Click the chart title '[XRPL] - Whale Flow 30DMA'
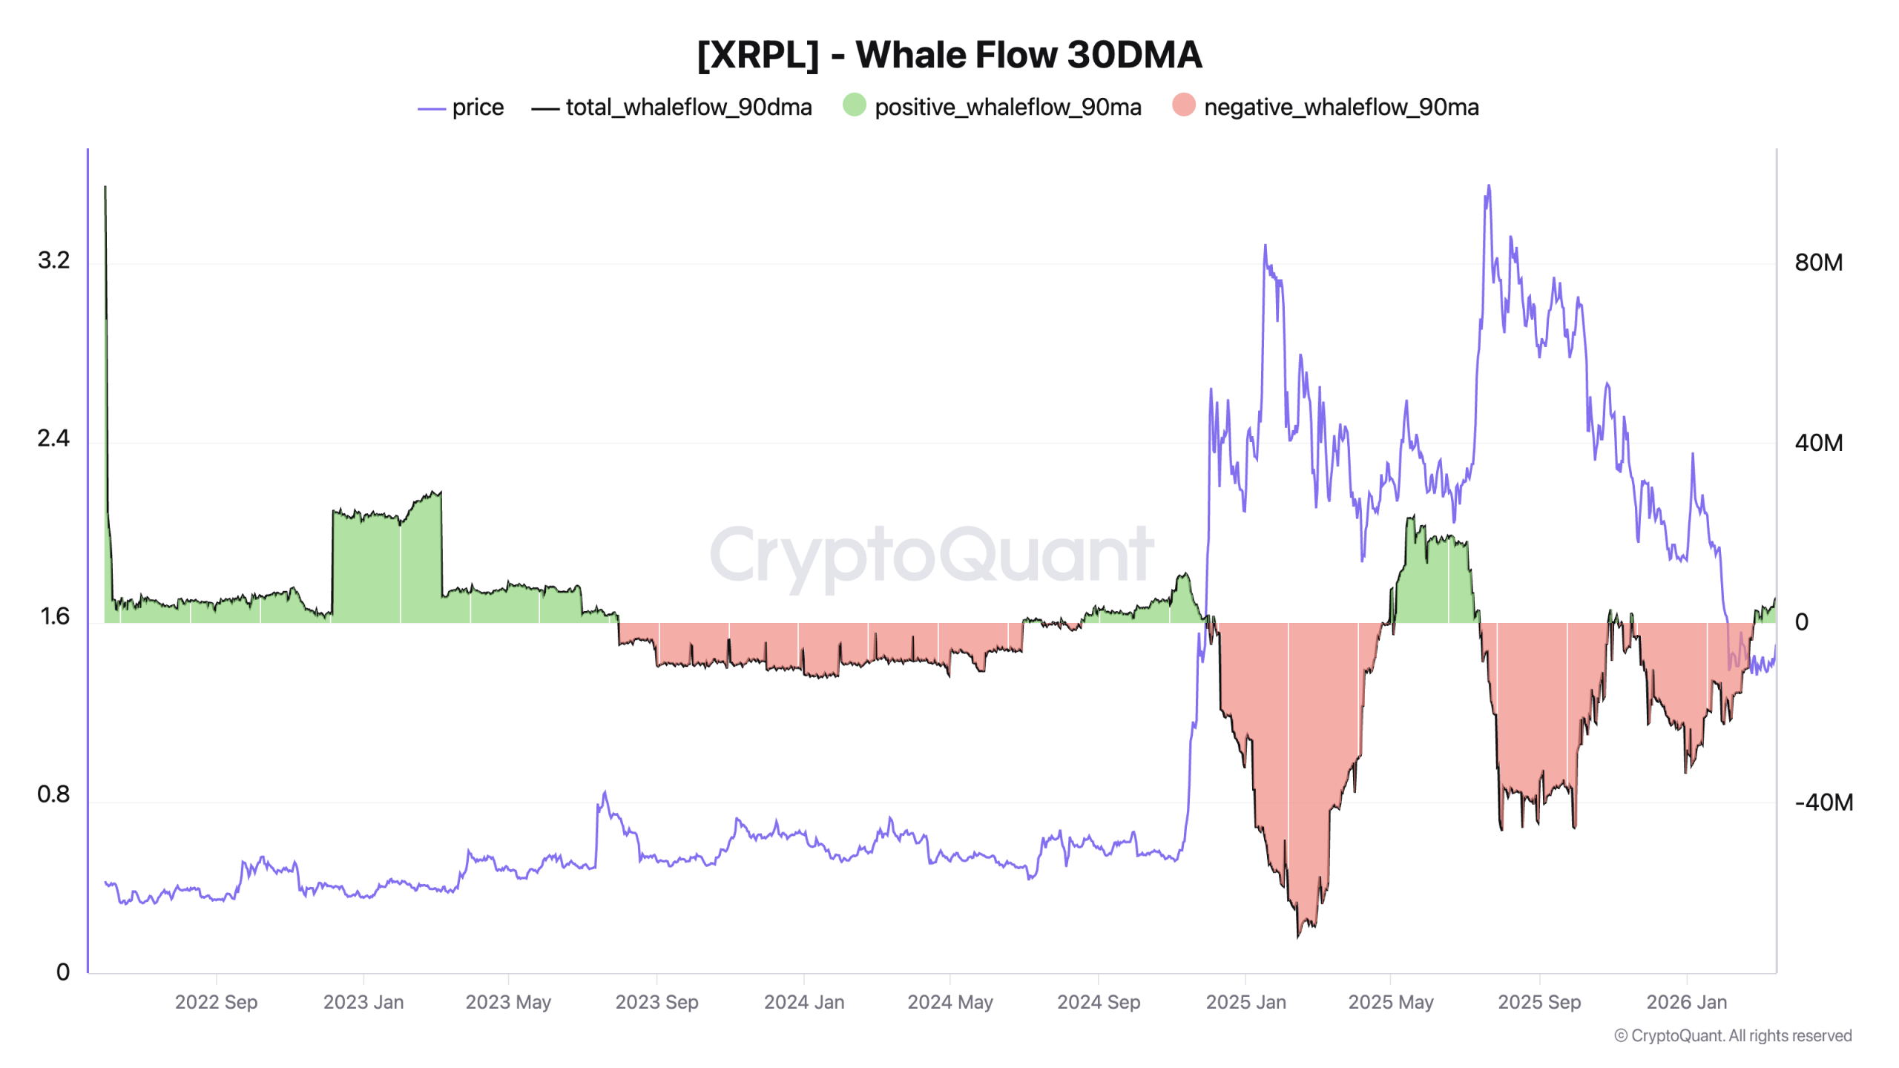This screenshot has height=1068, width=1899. point(949,54)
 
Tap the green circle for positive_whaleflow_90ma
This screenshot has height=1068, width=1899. point(854,105)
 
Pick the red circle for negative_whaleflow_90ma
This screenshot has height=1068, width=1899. point(1183,105)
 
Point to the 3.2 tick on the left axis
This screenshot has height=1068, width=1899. point(53,260)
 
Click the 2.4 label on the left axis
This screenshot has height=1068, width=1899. point(53,438)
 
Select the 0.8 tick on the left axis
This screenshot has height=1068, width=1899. point(53,794)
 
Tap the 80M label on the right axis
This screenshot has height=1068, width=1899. point(1818,263)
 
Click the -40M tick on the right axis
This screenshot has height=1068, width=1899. point(1823,802)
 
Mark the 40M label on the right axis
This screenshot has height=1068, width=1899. point(1818,443)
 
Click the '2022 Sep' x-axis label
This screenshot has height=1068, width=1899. point(216,1002)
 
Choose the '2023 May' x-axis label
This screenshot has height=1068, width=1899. point(508,1002)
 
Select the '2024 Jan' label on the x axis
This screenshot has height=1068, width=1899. point(804,1002)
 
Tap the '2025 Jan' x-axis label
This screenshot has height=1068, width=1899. point(1245,1002)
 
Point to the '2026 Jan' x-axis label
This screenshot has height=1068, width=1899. point(1686,1002)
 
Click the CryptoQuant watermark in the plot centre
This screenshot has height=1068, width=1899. point(932,555)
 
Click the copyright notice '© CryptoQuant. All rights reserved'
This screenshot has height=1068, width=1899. point(1733,1035)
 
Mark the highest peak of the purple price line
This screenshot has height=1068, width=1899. point(1488,186)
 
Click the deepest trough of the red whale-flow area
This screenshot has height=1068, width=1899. point(1297,936)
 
